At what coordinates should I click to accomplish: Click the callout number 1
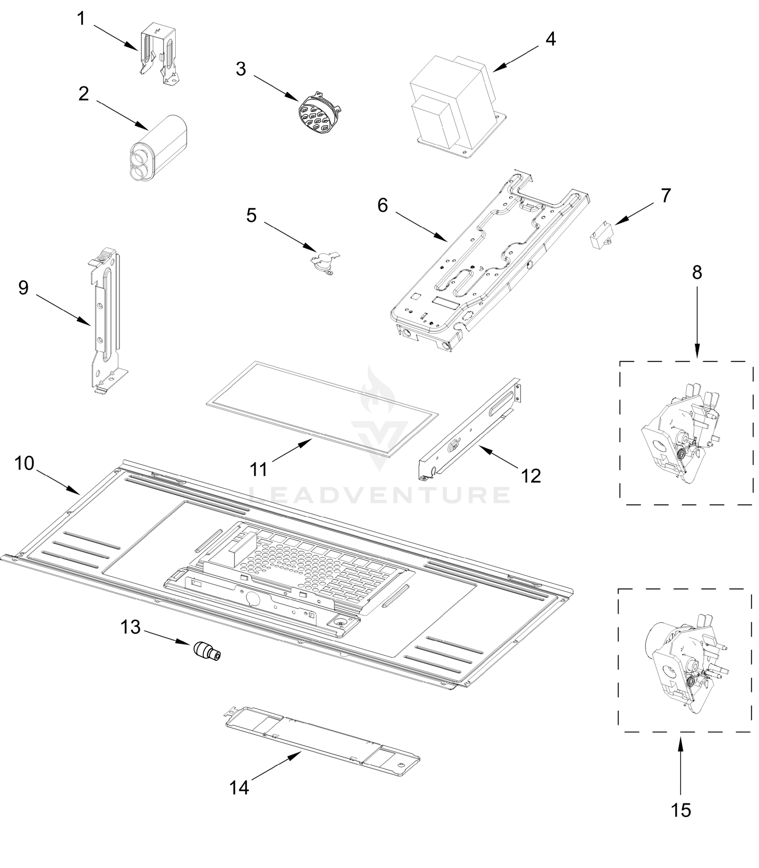81,19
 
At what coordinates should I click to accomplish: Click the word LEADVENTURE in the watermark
379,495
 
